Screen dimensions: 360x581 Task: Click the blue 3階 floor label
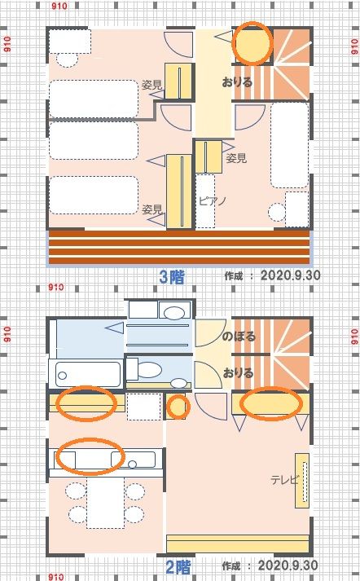tap(171, 277)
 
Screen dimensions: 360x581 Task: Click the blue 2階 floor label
tap(178, 567)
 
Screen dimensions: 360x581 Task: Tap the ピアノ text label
tap(213, 201)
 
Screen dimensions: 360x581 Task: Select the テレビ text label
tap(284, 480)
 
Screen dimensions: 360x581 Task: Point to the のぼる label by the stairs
tap(239, 337)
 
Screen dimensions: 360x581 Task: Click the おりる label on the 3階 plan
tap(237, 81)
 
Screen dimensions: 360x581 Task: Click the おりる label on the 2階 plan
tap(238, 372)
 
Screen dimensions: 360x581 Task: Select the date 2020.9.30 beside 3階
tap(291, 275)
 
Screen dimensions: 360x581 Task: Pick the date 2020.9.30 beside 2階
tap(288, 566)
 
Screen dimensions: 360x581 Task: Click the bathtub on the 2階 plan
tap(89, 374)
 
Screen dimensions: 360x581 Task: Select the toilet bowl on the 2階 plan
tap(149, 370)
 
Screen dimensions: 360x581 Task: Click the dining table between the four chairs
tap(106, 503)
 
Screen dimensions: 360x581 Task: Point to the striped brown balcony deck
tap(179, 247)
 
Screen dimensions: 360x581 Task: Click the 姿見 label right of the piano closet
tap(236, 159)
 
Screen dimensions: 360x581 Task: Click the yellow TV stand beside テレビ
tap(302, 480)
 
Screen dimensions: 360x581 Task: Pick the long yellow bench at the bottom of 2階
tap(238, 544)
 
